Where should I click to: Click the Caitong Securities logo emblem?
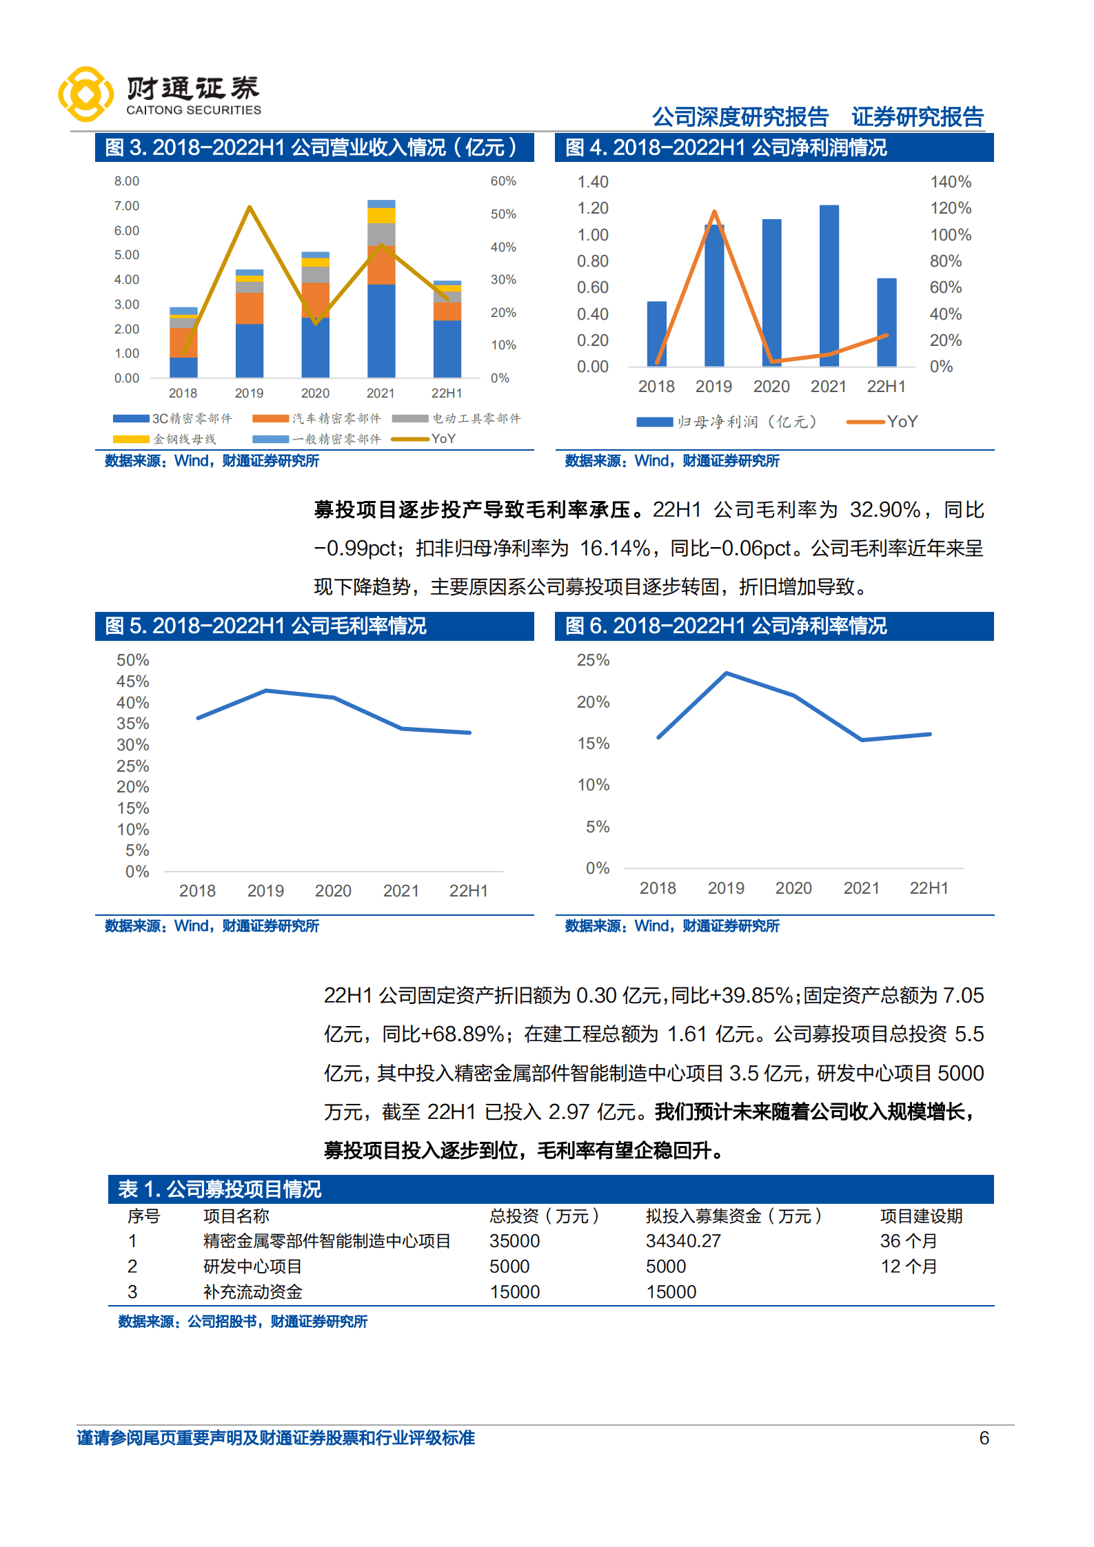click(85, 94)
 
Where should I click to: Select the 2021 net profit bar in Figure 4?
click(829, 285)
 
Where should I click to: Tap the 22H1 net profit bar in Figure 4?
click(887, 322)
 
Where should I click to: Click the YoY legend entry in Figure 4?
click(882, 422)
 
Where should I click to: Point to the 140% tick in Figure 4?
click(951, 182)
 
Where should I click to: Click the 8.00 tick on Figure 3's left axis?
click(127, 181)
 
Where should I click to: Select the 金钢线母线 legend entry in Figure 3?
click(165, 439)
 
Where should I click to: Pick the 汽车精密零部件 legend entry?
click(317, 418)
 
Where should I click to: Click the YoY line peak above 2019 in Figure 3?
click(250, 207)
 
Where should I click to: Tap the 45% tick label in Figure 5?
click(132, 682)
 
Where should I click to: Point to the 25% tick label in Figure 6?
click(593, 660)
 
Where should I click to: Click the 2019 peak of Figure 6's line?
click(727, 673)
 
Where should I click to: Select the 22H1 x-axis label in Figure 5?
click(468, 891)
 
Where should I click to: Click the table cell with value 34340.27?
click(683, 1241)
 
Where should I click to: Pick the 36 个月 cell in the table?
click(909, 1241)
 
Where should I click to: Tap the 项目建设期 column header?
click(921, 1216)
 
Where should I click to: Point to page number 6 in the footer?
click(984, 1438)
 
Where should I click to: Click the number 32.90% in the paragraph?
click(885, 510)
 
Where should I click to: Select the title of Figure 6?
click(726, 626)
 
